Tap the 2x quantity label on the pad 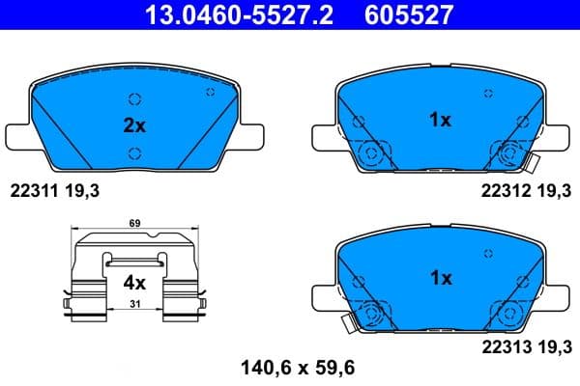click(133, 125)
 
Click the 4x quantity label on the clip click(133, 284)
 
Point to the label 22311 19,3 click(54, 192)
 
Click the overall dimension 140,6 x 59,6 click(290, 367)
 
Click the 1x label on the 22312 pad click(440, 120)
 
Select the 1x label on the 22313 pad click(440, 277)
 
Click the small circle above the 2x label click(134, 97)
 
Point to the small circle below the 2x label click(134, 152)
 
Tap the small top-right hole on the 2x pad click(210, 92)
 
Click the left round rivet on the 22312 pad click(368, 153)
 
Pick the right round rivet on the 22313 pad click(508, 312)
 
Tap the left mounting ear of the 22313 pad click(323, 295)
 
